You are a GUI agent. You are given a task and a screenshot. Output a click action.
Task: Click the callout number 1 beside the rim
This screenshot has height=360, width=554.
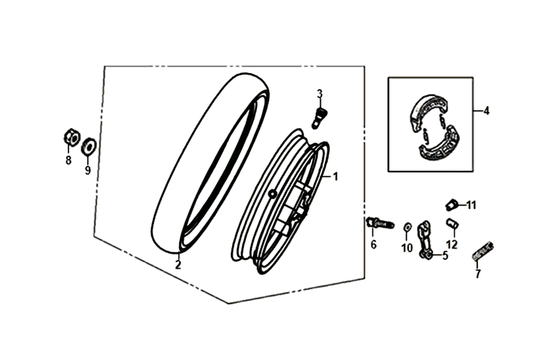(336, 176)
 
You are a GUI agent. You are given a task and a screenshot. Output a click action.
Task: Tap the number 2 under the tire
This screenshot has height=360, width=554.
(178, 264)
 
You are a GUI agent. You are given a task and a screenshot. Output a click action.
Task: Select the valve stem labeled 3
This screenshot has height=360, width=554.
(319, 118)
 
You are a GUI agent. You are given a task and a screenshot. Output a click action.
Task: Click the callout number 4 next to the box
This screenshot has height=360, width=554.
(487, 111)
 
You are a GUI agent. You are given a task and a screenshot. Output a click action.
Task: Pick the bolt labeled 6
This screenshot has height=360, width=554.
(380, 223)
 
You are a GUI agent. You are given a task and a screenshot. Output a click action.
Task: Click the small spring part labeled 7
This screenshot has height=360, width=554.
(483, 251)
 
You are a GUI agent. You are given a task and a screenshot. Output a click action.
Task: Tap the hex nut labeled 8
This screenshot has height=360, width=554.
(72, 137)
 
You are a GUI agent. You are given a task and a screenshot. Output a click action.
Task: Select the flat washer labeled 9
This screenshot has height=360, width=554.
(89, 146)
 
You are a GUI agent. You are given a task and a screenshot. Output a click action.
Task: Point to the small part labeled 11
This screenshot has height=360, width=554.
(451, 204)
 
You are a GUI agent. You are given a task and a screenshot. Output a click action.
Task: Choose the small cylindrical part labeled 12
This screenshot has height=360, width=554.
(451, 223)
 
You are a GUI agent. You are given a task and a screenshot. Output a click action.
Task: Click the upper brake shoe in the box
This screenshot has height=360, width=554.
(428, 110)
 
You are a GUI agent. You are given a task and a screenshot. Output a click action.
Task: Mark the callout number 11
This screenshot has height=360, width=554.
(471, 205)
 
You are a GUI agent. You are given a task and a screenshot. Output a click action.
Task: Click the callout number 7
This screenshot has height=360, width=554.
(477, 273)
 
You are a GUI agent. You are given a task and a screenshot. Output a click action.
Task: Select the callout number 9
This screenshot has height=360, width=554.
(87, 170)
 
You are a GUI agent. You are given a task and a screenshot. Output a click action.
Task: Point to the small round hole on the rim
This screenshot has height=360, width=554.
(272, 194)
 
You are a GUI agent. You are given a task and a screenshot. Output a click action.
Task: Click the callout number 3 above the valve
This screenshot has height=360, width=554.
(320, 94)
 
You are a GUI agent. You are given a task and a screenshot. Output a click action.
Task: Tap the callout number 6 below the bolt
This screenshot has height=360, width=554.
(374, 244)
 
